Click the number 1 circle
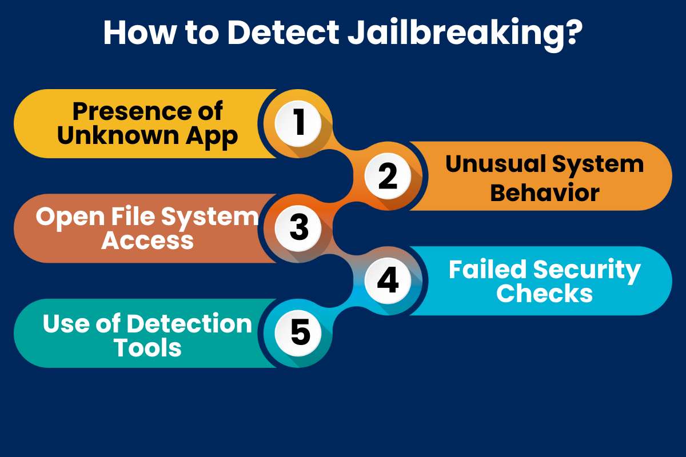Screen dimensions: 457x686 (298, 123)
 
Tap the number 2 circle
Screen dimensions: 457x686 (388, 176)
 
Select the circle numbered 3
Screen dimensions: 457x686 (298, 228)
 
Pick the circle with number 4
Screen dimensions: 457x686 (388, 280)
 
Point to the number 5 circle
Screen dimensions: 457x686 (298, 332)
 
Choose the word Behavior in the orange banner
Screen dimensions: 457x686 (544, 192)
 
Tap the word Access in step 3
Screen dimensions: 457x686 (147, 240)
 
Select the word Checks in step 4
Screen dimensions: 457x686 (544, 293)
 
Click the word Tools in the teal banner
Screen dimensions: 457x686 (147, 347)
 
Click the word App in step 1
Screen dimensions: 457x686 (214, 136)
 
